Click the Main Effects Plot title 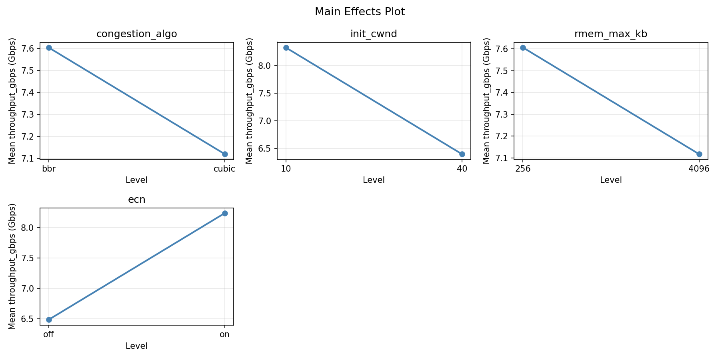(360, 12)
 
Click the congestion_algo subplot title (136, 34)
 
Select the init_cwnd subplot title (374, 34)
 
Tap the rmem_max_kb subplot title (611, 34)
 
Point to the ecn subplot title (136, 200)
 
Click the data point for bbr (49, 48)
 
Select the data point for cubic (225, 154)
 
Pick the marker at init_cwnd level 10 (286, 48)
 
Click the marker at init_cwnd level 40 (462, 154)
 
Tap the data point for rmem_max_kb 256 (523, 48)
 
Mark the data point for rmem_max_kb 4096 (699, 154)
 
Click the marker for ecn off (49, 320)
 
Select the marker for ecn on (225, 213)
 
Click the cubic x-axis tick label (224, 169)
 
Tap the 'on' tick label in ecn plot (225, 334)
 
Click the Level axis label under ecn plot (136, 346)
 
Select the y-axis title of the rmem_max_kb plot (487, 100)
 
